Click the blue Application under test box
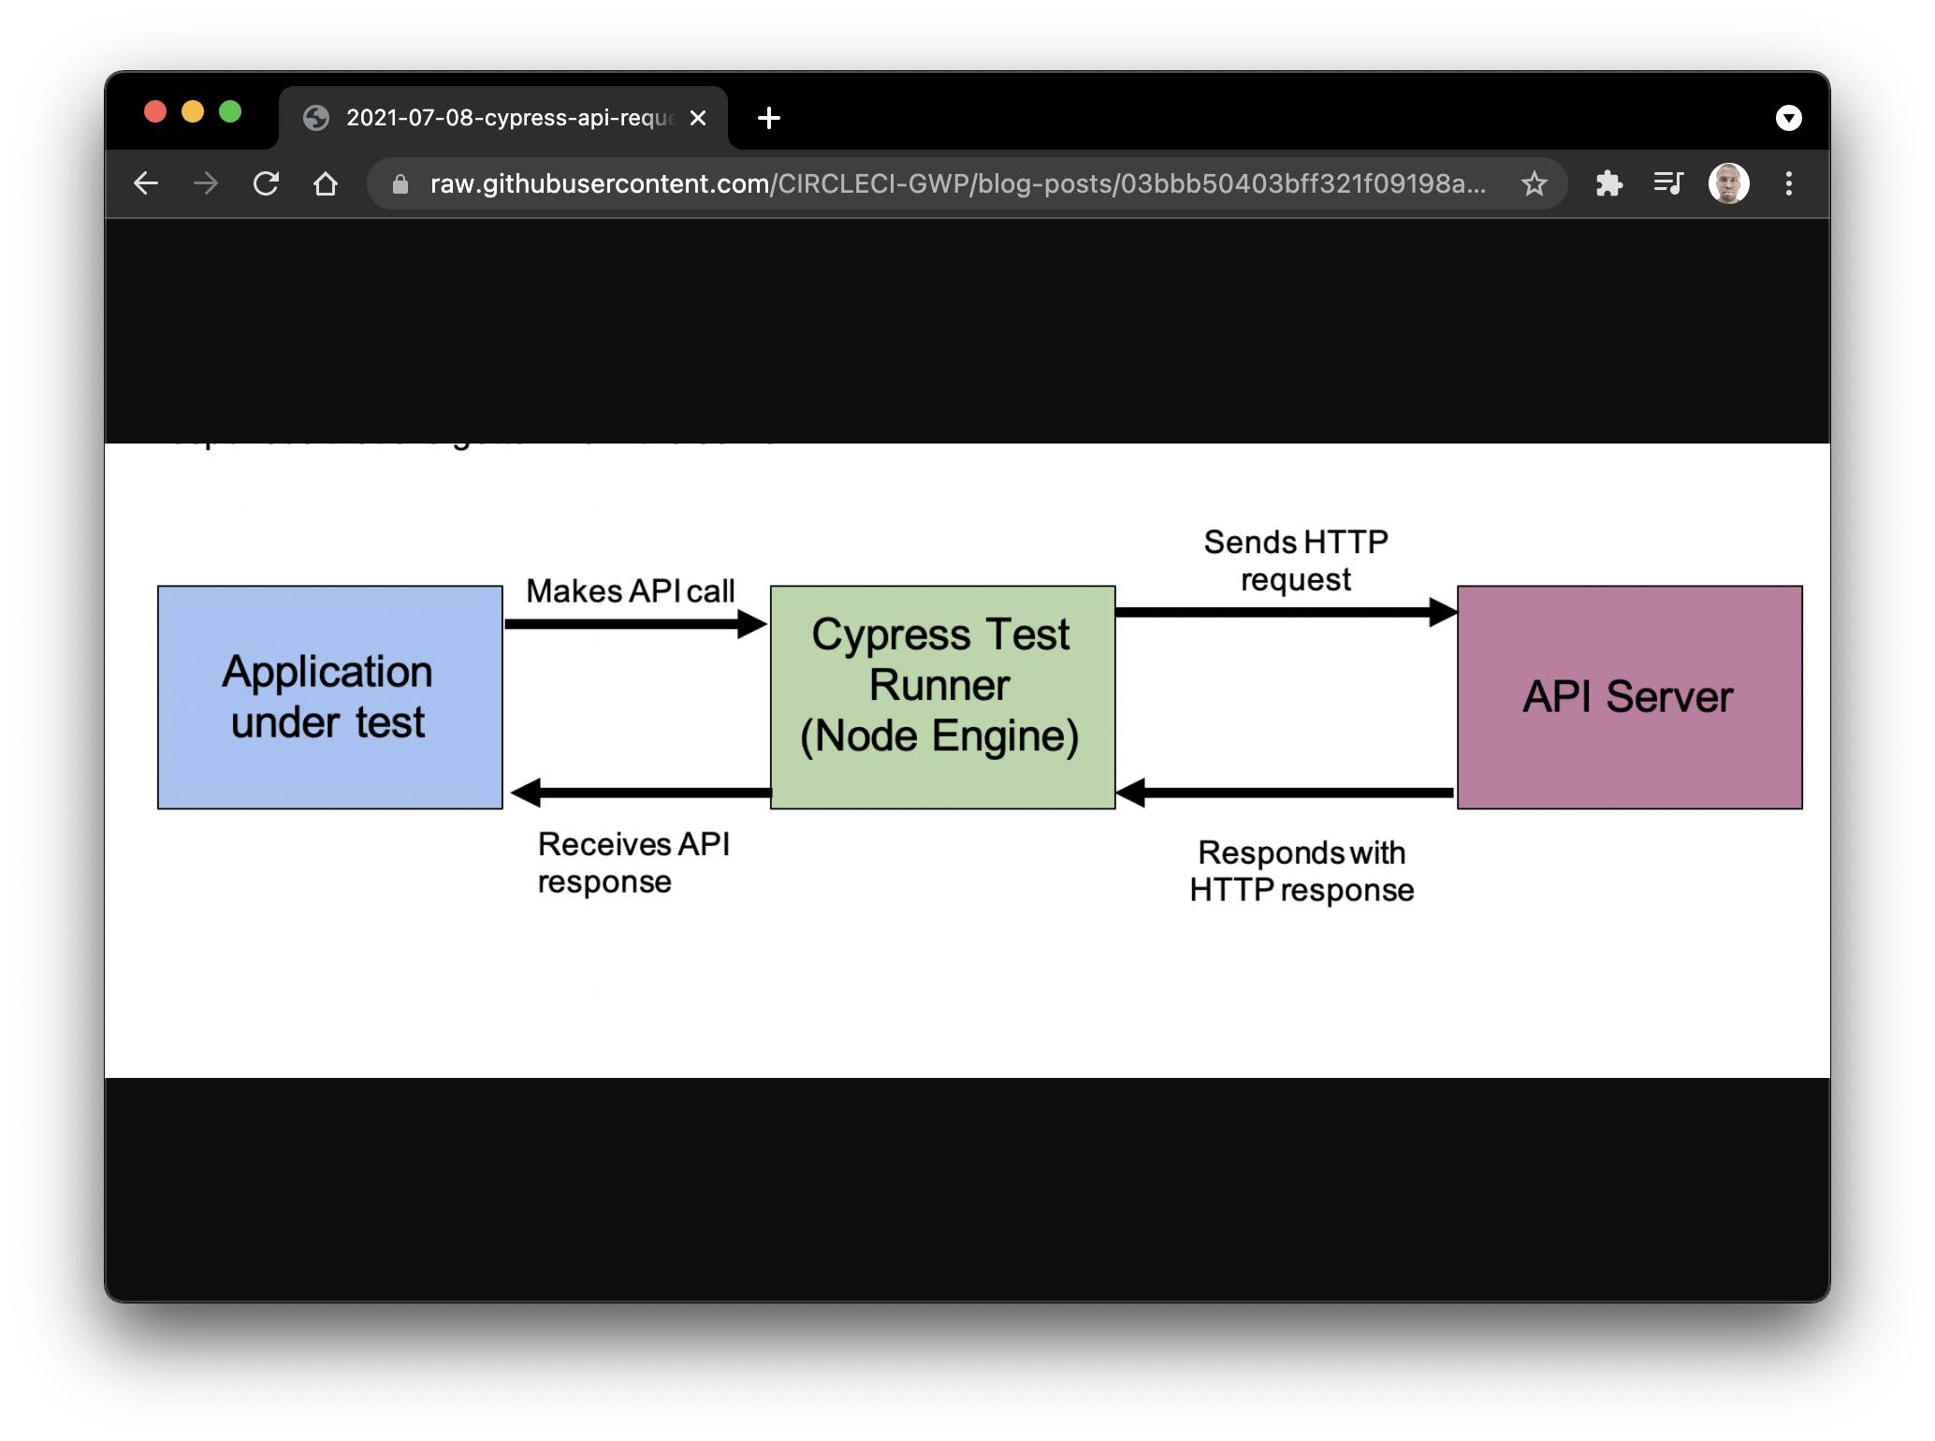(329, 697)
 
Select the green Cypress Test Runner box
(942, 697)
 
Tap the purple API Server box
(1629, 697)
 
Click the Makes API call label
(630, 591)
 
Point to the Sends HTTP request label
(1296, 560)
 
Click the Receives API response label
(633, 863)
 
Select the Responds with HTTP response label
(1301, 871)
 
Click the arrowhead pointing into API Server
(1443, 613)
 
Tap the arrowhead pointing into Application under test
(526, 793)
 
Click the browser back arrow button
(146, 183)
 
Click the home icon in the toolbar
(326, 183)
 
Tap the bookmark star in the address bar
(1534, 183)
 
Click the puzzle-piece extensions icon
(1608, 183)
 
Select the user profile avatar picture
(1728, 183)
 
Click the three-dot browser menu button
(1788, 183)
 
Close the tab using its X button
(698, 118)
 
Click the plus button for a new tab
(769, 118)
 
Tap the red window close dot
(155, 112)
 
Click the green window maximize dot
(230, 112)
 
